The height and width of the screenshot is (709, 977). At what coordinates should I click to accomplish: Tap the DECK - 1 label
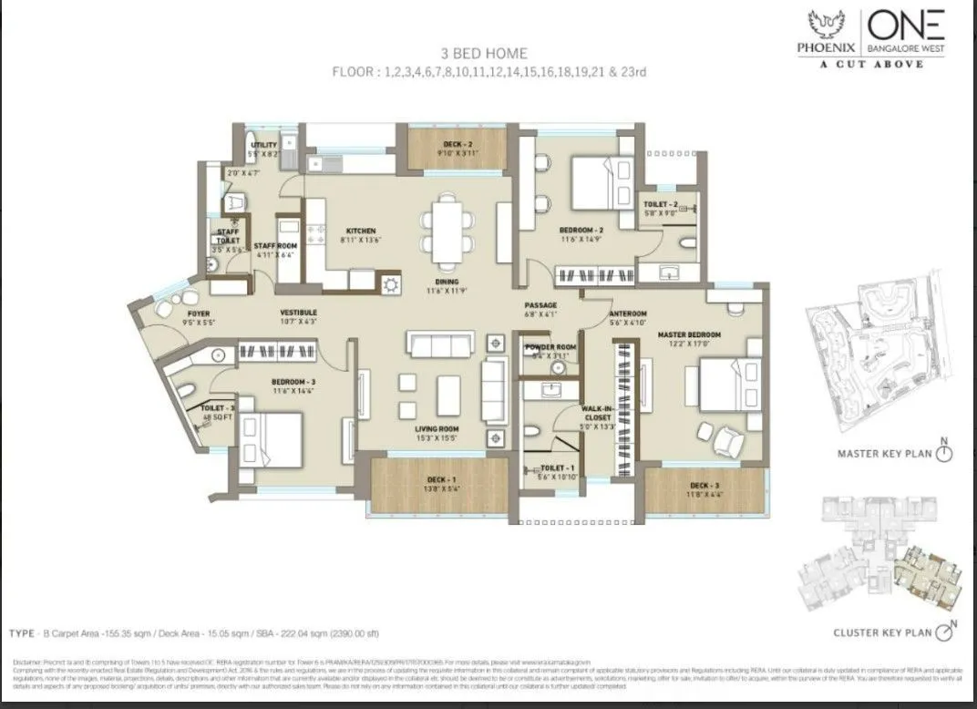440,480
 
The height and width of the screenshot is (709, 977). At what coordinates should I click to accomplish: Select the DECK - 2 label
457,144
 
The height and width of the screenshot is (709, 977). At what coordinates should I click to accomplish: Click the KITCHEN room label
360,231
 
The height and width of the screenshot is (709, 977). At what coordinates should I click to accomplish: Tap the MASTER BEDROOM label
689,335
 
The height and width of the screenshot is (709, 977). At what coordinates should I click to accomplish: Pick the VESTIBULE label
298,313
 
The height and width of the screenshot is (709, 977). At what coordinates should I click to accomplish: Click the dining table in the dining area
447,224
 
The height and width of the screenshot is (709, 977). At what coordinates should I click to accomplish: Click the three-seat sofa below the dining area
440,344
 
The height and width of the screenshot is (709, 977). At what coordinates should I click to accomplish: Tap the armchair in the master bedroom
727,440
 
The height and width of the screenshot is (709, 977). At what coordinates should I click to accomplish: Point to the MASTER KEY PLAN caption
884,453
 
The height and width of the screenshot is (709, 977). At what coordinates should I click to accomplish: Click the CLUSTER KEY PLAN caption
882,632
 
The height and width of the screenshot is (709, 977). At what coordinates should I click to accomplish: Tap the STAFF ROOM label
276,246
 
